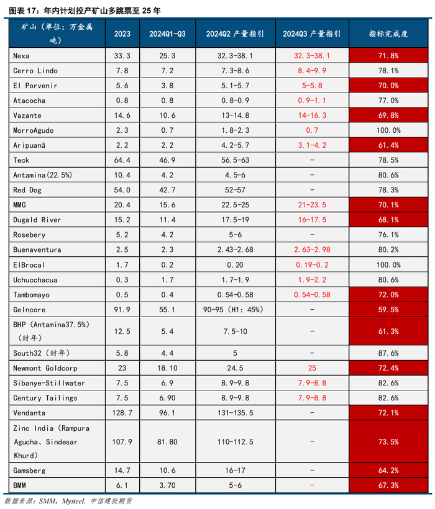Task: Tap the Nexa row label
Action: pyautogui.click(x=21, y=55)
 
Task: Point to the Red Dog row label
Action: pyautogui.click(x=27, y=190)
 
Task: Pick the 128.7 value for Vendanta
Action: pyautogui.click(x=122, y=413)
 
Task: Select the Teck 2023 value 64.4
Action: pyautogui.click(x=122, y=160)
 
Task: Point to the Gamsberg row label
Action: pyautogui.click(x=29, y=471)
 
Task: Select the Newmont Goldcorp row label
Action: pyautogui.click(x=43, y=369)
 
